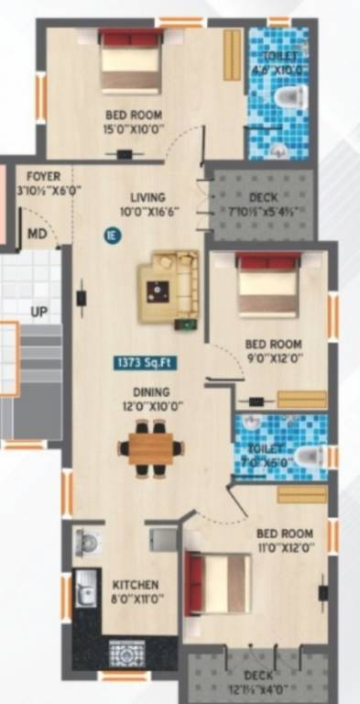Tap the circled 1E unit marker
pos(111,234)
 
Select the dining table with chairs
pos(150,447)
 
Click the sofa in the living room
pos(169,286)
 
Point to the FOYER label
pos(44,176)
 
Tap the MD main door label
pos(37,234)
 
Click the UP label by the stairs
pos(38,312)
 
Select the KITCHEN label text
pos(136,585)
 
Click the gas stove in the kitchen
pos(127,654)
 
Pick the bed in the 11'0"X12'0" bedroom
pos(218,583)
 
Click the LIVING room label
pos(147,197)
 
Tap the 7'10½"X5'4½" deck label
pos(263,197)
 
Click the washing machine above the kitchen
pos(89,543)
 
